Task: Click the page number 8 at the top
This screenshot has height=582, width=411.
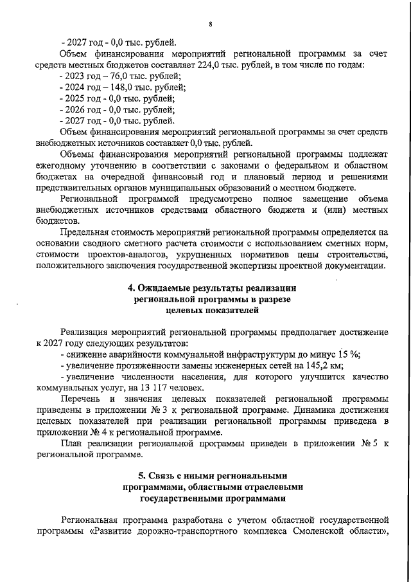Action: (x=210, y=25)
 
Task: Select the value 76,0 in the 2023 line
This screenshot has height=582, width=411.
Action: (x=114, y=76)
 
